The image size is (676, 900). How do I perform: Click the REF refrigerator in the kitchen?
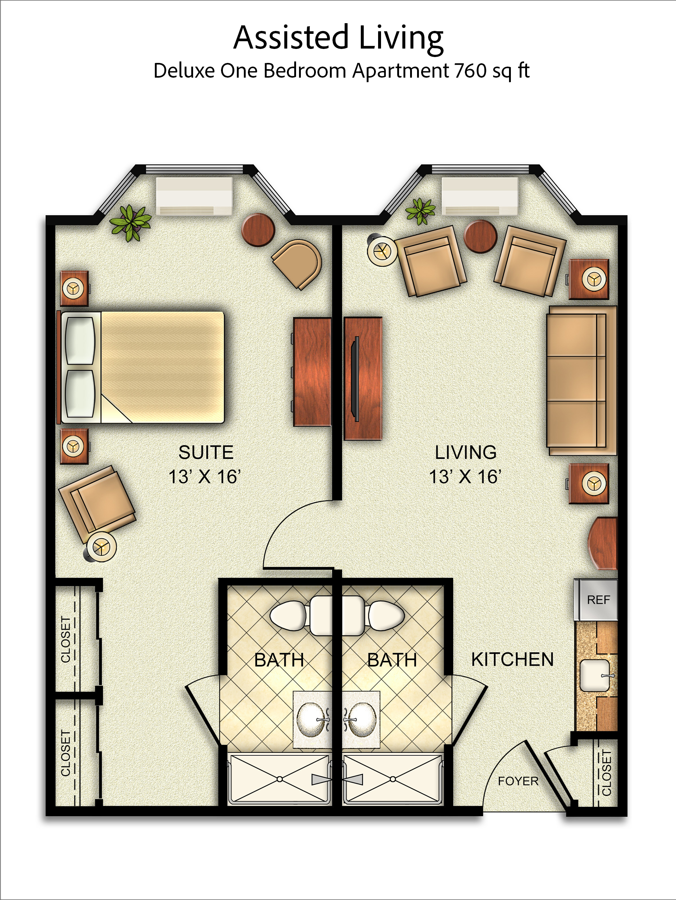[x=596, y=599]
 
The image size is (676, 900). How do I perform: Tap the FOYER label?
[x=518, y=781]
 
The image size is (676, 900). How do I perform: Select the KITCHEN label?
[x=512, y=659]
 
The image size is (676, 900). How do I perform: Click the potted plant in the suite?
[x=131, y=223]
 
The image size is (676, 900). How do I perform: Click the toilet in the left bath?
[x=300, y=616]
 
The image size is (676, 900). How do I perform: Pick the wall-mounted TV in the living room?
[x=357, y=379]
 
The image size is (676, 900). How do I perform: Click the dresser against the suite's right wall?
[x=312, y=372]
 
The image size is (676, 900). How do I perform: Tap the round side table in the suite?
[x=258, y=230]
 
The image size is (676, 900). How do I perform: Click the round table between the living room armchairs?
[x=481, y=236]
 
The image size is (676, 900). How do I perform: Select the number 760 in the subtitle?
[x=471, y=70]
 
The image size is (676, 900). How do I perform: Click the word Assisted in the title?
[x=291, y=37]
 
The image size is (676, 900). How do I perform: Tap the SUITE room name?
[x=206, y=452]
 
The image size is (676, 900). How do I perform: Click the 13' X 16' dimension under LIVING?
[x=465, y=476]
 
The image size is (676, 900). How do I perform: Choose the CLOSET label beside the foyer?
[x=606, y=773]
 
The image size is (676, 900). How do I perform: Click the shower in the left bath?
[x=280, y=779]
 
